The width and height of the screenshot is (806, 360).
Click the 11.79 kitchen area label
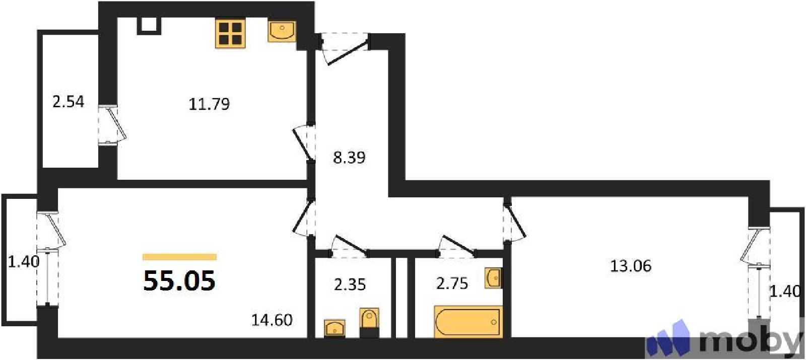(x=209, y=104)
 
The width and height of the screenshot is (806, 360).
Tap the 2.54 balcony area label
(x=69, y=101)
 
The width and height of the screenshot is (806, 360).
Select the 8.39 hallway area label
(x=349, y=158)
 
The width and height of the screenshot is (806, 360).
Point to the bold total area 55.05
(x=179, y=280)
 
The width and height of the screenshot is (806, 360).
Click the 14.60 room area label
(x=272, y=320)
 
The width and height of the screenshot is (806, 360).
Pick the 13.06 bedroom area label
(x=631, y=266)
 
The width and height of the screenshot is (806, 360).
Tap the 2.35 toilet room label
(x=350, y=285)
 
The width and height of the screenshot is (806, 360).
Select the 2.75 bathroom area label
(x=452, y=283)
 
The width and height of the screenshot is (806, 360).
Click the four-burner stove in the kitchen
(x=230, y=33)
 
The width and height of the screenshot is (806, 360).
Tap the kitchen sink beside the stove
(x=282, y=31)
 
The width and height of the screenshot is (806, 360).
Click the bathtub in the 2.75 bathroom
(x=468, y=322)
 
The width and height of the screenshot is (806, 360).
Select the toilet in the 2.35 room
(x=370, y=323)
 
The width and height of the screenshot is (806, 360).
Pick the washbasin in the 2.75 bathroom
(x=494, y=277)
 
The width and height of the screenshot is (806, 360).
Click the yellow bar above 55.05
(x=179, y=257)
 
